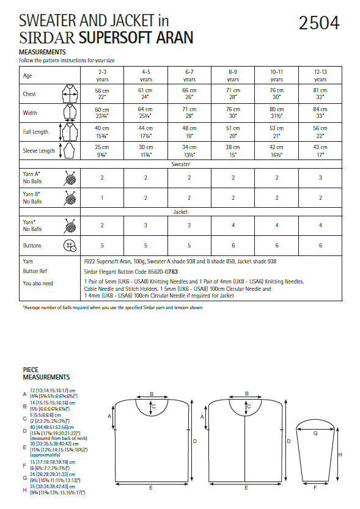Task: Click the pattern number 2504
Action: click(318, 23)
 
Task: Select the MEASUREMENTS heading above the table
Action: click(42, 53)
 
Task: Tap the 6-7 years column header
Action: click(189, 75)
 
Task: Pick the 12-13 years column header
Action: click(320, 75)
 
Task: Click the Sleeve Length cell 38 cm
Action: click(233, 151)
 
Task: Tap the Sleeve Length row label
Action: click(39, 151)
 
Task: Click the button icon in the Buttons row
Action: click(69, 246)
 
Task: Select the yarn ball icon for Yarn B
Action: click(69, 197)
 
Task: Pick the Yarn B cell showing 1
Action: click(102, 197)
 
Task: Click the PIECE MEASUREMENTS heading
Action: click(46, 373)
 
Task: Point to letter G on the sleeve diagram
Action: click(315, 433)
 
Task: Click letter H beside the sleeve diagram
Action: click(339, 454)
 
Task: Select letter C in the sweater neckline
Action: click(153, 406)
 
